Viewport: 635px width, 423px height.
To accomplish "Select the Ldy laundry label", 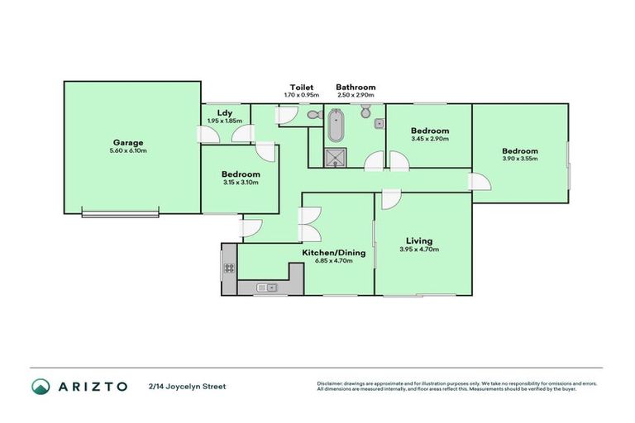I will pyautogui.click(x=223, y=112).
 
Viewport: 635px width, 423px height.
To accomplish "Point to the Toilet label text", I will pyautogui.click(x=300, y=87).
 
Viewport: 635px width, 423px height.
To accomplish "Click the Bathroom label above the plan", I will pyautogui.click(x=356, y=87).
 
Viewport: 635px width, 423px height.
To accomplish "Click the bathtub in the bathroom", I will pyautogui.click(x=335, y=128).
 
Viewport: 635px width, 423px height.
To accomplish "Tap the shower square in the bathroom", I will pyautogui.click(x=335, y=158).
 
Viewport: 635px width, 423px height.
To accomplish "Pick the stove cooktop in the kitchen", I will pyautogui.click(x=229, y=267).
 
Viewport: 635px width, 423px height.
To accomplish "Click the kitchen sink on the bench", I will pyautogui.click(x=266, y=288).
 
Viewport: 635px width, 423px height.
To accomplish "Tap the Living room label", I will pyautogui.click(x=416, y=241).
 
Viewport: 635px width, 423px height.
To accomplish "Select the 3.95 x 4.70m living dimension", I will pyautogui.click(x=416, y=250).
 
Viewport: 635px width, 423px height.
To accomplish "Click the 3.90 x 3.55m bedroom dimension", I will pyautogui.click(x=520, y=159).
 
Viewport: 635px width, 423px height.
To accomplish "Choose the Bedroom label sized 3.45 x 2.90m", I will pyautogui.click(x=430, y=131).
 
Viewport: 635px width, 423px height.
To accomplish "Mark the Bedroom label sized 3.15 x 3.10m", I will pyautogui.click(x=241, y=174).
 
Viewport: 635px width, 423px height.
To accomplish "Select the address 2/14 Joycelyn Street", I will pyautogui.click(x=186, y=386).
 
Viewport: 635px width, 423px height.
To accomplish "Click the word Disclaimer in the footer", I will pyautogui.click(x=332, y=383).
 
